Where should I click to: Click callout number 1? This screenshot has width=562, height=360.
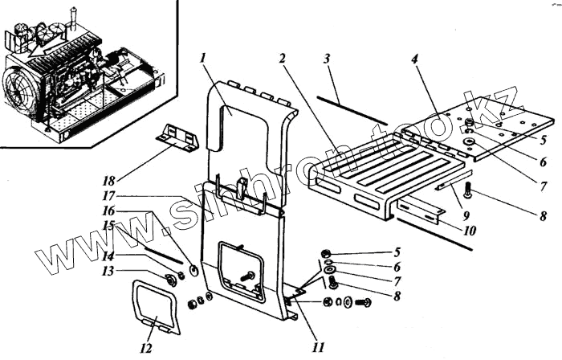(206, 59)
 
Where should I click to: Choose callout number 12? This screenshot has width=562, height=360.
(145, 350)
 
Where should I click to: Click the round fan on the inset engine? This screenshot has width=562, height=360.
(21, 80)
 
